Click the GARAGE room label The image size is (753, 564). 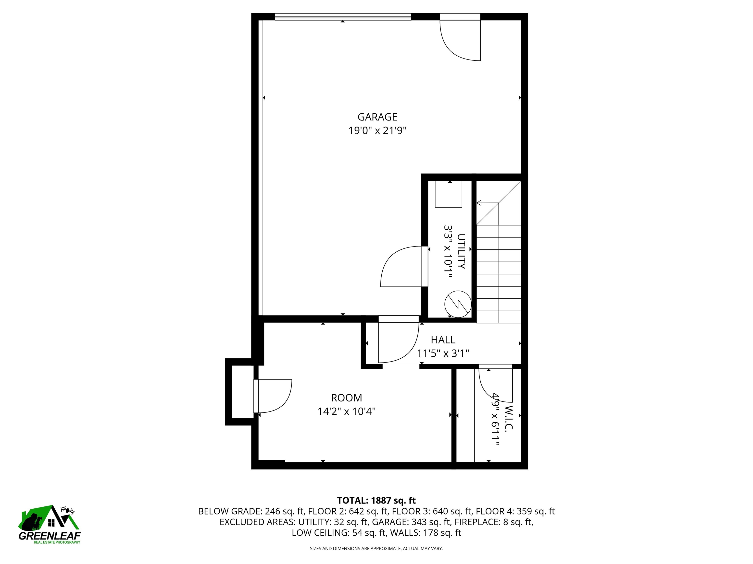pos(377,117)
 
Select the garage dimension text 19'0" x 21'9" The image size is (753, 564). pos(377,130)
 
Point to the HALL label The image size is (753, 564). pos(443,340)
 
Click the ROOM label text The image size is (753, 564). pos(347,398)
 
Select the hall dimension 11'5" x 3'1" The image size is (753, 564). pos(443,353)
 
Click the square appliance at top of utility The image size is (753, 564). pos(448,194)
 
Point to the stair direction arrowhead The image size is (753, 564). pos(479,203)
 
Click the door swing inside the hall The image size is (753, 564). pos(399,343)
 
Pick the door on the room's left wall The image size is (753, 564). pos(273,396)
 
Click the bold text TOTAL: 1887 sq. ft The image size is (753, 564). pos(376,500)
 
